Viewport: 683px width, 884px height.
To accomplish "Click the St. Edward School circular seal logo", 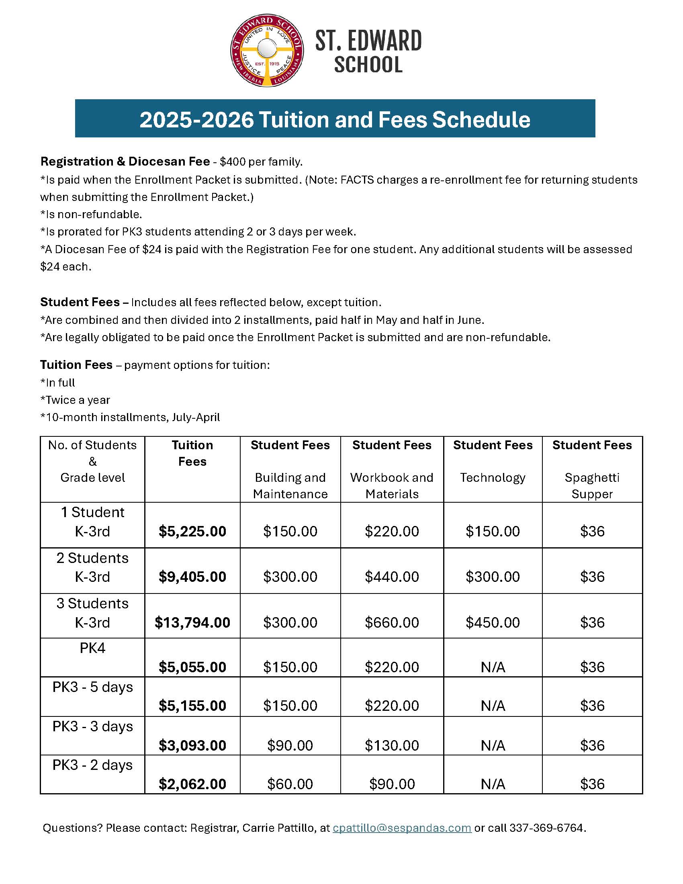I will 267,51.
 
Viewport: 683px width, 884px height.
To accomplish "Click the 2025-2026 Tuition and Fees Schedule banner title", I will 335,119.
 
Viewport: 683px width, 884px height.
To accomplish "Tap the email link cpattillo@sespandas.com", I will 402,828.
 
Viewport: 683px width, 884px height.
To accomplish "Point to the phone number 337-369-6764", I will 546,828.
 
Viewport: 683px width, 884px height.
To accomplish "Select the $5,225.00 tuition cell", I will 192,531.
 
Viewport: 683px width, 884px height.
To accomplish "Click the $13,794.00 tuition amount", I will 192,622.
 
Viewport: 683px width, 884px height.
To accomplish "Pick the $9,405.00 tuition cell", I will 192,576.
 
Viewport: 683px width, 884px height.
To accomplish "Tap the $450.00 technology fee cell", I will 493,622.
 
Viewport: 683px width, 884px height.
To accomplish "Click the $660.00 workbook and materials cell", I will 392,622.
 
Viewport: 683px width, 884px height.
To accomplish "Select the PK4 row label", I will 92,648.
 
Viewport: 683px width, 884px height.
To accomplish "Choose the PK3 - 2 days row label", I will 92,765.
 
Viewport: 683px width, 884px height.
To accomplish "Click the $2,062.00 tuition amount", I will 192,784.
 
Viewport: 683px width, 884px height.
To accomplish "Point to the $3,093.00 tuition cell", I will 192,745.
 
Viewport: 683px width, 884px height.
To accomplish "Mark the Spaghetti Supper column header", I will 592,485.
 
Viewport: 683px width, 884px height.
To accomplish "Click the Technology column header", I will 493,478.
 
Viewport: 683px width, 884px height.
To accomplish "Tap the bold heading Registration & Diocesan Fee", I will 125,162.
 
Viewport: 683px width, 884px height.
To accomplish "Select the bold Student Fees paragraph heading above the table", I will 80,302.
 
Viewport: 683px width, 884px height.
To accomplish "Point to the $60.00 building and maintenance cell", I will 290,784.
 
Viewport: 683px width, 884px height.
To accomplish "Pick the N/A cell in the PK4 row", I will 493,667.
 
